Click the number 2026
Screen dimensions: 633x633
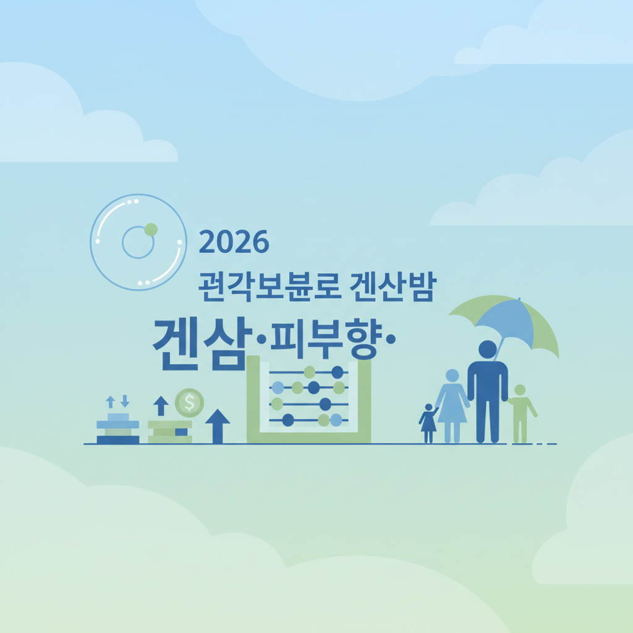coord(234,242)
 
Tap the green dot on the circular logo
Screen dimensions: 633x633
coord(151,230)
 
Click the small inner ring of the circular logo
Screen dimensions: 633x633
coord(138,242)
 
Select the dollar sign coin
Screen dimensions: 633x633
coord(189,402)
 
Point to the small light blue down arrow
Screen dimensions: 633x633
coord(124,401)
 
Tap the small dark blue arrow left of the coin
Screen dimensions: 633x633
coord(161,406)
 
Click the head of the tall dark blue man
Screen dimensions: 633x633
coord(487,349)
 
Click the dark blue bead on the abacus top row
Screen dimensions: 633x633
coord(337,372)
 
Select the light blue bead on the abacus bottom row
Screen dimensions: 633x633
coord(336,420)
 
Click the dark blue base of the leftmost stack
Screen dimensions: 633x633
coord(118,440)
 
